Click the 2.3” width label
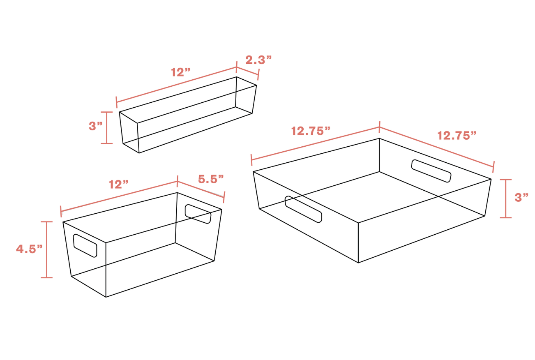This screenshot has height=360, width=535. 258,60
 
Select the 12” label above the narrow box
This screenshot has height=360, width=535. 180,72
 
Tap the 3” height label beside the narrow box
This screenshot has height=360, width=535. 95,126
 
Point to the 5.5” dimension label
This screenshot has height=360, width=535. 211,179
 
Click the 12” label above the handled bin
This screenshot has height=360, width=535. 119,185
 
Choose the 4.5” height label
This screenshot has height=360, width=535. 29,249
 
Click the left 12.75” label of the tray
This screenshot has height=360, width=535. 311,131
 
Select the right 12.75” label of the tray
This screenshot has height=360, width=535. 457,136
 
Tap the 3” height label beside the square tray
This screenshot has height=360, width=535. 521,198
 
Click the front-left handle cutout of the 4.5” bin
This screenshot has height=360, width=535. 85,246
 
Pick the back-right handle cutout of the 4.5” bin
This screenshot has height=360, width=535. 198,214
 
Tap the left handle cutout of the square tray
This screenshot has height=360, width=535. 303,209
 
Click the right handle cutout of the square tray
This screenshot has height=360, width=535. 431,171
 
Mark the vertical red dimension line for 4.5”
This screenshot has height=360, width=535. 46,249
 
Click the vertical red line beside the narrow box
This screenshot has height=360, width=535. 106,128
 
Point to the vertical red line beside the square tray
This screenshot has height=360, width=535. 506,198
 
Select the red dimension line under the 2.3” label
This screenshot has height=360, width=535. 247,71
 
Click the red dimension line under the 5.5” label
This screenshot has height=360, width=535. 201,189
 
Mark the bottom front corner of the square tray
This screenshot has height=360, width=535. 358,263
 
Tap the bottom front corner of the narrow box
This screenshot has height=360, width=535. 139,153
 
